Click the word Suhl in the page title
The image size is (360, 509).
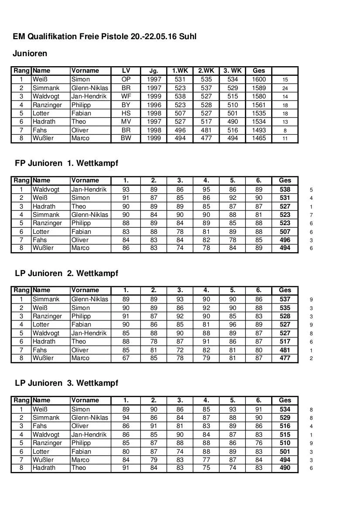187,37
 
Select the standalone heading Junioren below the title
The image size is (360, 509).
30,54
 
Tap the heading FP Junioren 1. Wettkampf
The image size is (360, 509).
66,163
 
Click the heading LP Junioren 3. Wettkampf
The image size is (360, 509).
66,383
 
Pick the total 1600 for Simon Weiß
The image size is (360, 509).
258,80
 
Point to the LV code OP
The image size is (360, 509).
126,80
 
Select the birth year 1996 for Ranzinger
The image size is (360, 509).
154,105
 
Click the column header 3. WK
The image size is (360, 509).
232,71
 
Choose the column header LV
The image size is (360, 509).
126,71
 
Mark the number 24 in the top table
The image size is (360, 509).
285,88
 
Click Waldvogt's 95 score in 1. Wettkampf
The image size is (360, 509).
206,189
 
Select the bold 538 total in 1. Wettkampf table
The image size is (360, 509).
285,189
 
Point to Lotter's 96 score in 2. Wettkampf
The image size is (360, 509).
233,324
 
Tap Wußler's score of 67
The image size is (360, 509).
126,358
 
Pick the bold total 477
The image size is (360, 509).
285,358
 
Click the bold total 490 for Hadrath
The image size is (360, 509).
285,468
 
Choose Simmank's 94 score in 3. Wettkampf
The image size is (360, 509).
126,418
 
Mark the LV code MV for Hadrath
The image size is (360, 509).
126,121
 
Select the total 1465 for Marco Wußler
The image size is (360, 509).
258,138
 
